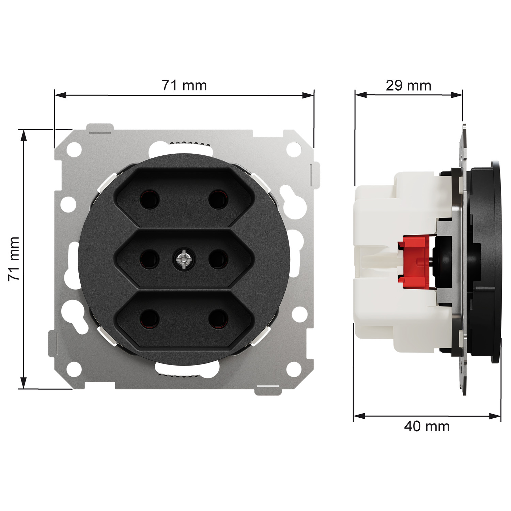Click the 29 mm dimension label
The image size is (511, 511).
pos(408,86)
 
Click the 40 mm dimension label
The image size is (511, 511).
pos(427,426)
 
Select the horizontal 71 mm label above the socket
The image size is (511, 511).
pos(184,86)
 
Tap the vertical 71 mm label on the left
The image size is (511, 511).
pos(14,259)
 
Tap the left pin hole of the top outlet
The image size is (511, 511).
pos(150,199)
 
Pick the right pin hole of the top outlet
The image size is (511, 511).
pos(218,199)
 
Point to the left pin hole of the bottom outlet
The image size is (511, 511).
pos(150,319)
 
